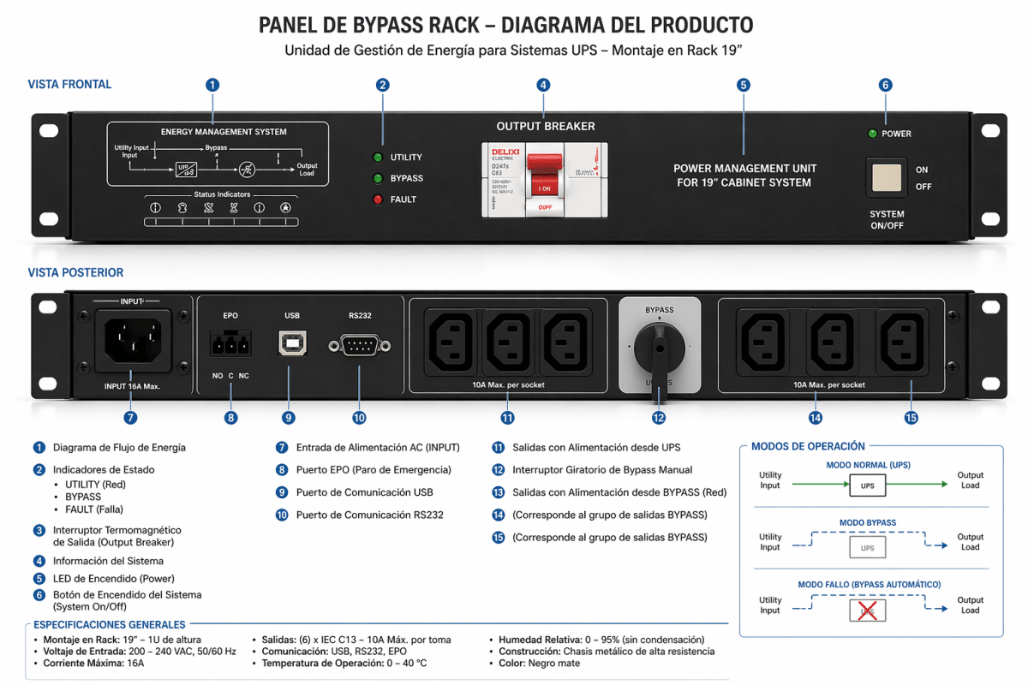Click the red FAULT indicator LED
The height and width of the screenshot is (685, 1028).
point(377,200)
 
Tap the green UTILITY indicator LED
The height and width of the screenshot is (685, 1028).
point(377,158)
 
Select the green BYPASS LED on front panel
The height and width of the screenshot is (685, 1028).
point(377,178)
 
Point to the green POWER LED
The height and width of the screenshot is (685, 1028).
point(872,134)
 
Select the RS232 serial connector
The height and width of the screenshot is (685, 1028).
point(359,346)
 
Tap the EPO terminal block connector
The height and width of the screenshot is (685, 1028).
point(230,344)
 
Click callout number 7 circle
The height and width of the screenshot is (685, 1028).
point(130,418)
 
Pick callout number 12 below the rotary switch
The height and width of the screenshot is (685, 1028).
point(658,418)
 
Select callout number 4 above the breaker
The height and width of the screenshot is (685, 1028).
point(543,85)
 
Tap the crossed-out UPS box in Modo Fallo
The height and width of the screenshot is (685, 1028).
point(868,610)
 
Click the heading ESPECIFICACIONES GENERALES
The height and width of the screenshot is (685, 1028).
point(109,625)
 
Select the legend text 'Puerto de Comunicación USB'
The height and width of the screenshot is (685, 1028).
point(364,492)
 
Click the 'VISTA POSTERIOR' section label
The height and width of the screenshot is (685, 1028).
point(75,273)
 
